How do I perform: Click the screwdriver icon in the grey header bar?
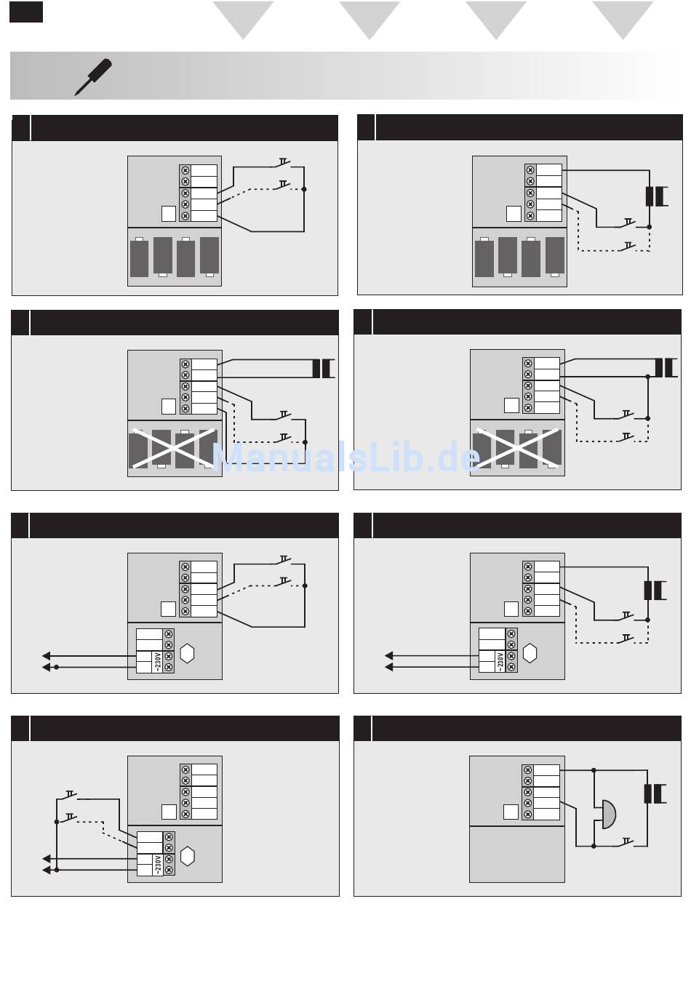[x=93, y=76]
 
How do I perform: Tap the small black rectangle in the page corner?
[x=26, y=12]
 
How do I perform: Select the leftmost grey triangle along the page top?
[x=243, y=19]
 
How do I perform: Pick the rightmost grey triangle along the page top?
[x=623, y=19]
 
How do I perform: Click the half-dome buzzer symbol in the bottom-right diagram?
[x=607, y=814]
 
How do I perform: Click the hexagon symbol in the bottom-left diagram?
[x=187, y=856]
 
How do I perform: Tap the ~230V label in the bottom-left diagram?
[x=158, y=865]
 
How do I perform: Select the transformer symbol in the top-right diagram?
[x=656, y=196]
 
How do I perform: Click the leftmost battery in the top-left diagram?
[x=139, y=258]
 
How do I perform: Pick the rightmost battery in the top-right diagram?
[x=554, y=256]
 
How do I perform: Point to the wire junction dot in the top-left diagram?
[x=305, y=189]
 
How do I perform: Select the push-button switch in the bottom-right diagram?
[x=626, y=843]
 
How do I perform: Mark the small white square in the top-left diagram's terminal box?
[x=168, y=214]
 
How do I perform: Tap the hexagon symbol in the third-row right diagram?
[x=530, y=653]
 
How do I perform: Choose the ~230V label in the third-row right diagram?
[x=500, y=661]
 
